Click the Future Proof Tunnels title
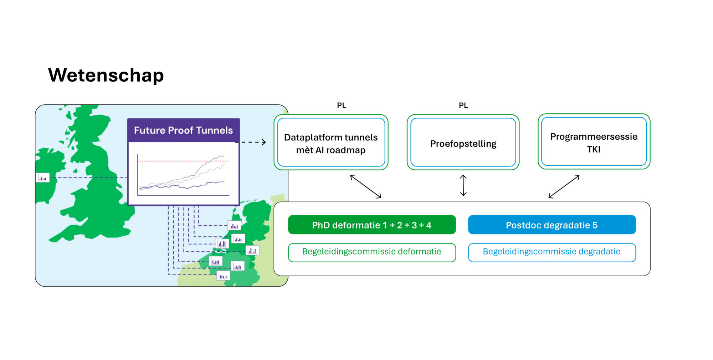[183, 130]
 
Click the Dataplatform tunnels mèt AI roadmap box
[331, 143]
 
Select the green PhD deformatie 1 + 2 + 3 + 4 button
[372, 225]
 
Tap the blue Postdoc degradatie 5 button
[552, 225]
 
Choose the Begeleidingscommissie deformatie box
[372, 252]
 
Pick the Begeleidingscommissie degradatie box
[552, 252]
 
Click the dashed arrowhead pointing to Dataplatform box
[264, 142]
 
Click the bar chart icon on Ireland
[43, 178]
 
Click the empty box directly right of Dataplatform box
[463, 142]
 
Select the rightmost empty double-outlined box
[594, 142]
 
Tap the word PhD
[321, 225]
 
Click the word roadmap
[346, 150]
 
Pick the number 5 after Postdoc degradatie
[595, 225]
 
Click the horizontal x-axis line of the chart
[183, 195]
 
